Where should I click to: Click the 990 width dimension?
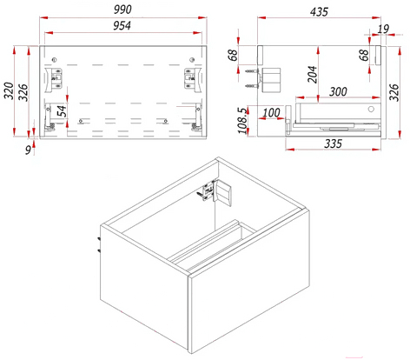tap(122, 10)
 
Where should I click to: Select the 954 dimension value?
tap(122, 25)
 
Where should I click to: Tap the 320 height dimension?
tap(9, 90)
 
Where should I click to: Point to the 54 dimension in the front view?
tap(62, 110)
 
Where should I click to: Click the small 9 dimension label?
tap(28, 150)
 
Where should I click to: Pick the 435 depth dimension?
tap(319, 12)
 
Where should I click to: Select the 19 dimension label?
tap(383, 29)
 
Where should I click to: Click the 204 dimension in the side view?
tap(313, 74)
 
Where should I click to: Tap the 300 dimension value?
tap(338, 91)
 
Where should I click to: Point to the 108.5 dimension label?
tap(242, 121)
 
